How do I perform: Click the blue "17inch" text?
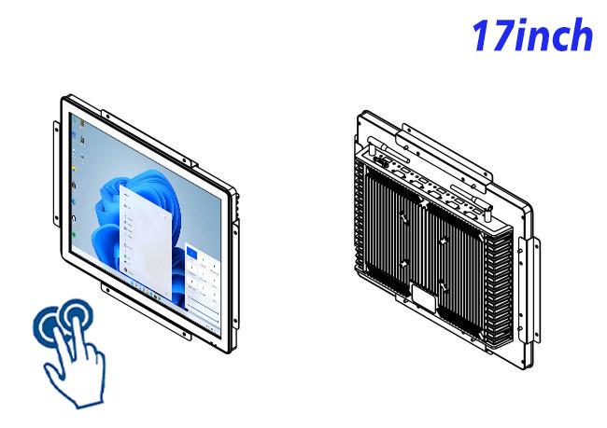(532, 35)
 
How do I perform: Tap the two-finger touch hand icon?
(70, 352)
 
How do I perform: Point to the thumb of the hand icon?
(53, 370)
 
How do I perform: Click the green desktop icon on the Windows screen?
(74, 235)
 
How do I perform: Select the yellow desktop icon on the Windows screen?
(73, 169)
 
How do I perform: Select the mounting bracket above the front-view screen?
(148, 136)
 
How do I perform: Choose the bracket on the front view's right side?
(235, 274)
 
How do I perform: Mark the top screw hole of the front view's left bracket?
(57, 130)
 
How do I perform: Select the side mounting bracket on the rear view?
(529, 290)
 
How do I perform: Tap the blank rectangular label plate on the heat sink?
(423, 297)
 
